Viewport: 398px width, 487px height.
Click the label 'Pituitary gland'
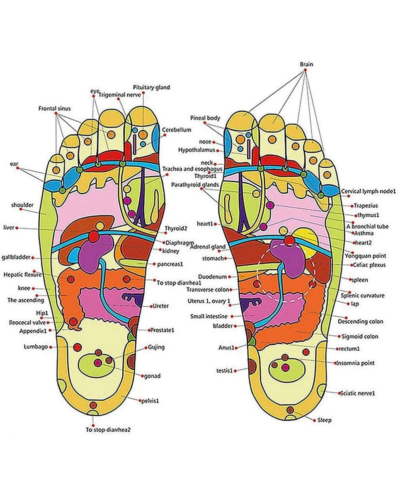click(x=151, y=87)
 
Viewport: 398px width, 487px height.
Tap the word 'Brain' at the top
click(x=306, y=64)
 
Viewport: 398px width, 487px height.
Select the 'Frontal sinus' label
click(x=55, y=109)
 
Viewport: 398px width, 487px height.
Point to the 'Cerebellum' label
click(x=177, y=130)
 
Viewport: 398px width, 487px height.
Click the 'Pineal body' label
click(x=205, y=118)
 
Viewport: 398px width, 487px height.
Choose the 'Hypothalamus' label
click(x=197, y=150)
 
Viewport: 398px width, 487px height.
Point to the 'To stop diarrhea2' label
click(x=108, y=430)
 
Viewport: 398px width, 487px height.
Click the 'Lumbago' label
click(x=36, y=347)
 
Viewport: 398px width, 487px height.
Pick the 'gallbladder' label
click(x=16, y=257)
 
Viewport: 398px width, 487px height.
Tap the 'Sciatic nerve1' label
click(x=357, y=393)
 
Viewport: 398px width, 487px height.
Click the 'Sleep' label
click(x=325, y=420)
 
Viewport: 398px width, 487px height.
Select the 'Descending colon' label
click(x=360, y=321)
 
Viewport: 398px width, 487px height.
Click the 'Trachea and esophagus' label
click(x=192, y=169)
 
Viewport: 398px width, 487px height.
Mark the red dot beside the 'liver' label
click(x=17, y=228)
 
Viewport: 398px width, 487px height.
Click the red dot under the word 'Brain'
click(x=306, y=71)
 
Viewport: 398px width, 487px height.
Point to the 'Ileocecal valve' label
click(x=28, y=322)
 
